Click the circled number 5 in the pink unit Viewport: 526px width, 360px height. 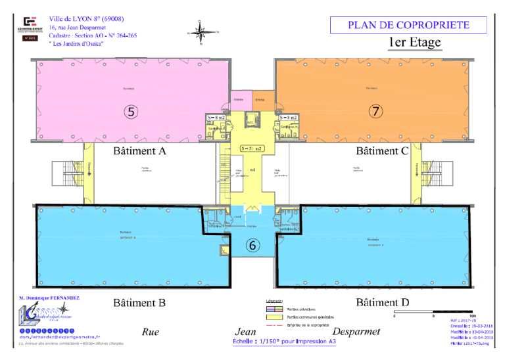[x=131, y=111]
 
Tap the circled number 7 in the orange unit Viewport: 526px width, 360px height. [x=375, y=111]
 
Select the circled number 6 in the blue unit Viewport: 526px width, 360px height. [x=253, y=245]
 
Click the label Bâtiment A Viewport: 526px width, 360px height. [x=140, y=151]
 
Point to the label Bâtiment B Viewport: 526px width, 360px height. [x=140, y=303]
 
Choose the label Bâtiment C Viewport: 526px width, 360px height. [x=383, y=151]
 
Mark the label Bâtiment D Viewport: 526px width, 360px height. [x=383, y=303]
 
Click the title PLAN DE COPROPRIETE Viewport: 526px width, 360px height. [x=408, y=26]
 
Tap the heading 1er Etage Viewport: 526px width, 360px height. [x=414, y=44]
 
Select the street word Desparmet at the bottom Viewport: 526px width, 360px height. [x=356, y=332]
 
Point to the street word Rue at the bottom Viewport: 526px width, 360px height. [x=151, y=332]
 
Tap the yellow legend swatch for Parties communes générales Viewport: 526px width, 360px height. [x=270, y=317]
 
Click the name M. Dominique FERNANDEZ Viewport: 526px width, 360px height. [x=50, y=298]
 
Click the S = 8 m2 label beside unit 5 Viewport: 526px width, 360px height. [x=216, y=118]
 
